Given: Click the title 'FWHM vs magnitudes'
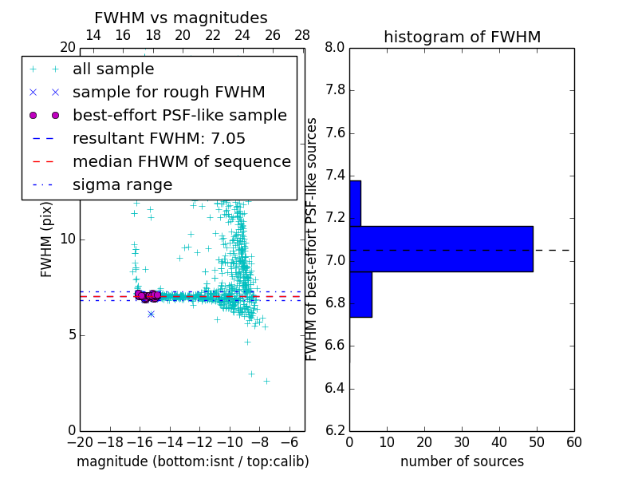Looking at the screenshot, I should pyautogui.click(x=181, y=18).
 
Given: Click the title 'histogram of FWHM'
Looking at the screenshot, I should pyautogui.click(x=462, y=38).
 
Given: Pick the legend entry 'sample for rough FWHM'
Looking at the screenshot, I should pyautogui.click(x=168, y=93).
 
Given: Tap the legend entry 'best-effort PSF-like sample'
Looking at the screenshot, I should pyautogui.click(x=179, y=116).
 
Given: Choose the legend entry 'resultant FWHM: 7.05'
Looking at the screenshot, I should pyautogui.click(x=167, y=139).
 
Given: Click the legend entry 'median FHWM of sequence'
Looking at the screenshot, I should pyautogui.click(x=181, y=162).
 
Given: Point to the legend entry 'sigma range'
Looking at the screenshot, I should pyautogui.click(x=122, y=185).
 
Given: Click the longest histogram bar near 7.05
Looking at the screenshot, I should pyautogui.click(x=441, y=249).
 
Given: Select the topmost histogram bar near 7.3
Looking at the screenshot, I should pyautogui.click(x=355, y=204).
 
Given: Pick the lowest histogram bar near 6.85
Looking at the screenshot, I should pyautogui.click(x=360, y=295).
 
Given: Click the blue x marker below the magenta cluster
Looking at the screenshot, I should pyautogui.click(x=151, y=314).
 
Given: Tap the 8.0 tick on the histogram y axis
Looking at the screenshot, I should pyautogui.click(x=335, y=48).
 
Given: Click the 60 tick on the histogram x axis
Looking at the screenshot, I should pyautogui.click(x=573, y=442).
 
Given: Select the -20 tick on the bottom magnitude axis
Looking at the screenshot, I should pyautogui.click(x=80, y=442).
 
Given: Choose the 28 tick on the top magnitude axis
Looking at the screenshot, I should pyautogui.click(x=302, y=35).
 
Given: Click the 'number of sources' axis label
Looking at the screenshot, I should pyautogui.click(x=462, y=461).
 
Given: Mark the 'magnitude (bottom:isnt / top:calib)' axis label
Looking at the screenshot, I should pyautogui.click(x=192, y=461).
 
